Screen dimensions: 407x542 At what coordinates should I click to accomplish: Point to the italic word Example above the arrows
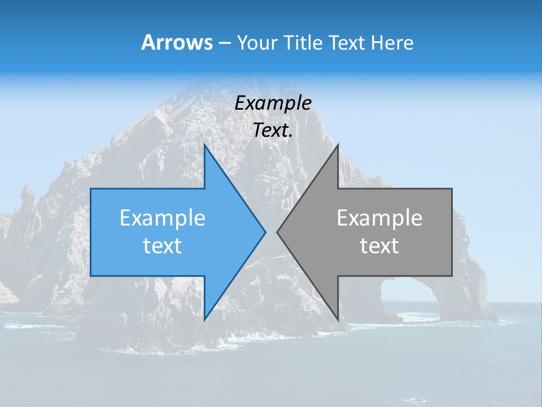click(273, 103)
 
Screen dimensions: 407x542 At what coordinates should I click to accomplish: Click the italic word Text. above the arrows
click(273, 131)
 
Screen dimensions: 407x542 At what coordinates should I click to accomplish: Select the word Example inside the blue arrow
click(163, 218)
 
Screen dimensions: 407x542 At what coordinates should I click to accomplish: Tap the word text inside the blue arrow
click(163, 246)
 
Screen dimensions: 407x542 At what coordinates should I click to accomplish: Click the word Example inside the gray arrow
click(379, 218)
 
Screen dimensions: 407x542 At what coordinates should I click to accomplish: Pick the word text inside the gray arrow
click(379, 246)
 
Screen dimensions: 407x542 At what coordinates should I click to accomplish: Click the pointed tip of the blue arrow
click(265, 232)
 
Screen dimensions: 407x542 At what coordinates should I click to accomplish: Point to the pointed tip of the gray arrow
click(278, 232)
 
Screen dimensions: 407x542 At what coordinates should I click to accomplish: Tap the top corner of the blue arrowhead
click(204, 145)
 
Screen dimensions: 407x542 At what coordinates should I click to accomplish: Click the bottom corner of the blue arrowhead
click(204, 320)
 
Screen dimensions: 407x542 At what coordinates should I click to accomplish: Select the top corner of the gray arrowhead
click(338, 145)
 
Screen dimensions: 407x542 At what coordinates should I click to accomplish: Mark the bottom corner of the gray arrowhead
click(338, 320)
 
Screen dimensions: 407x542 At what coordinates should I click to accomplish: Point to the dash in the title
click(224, 43)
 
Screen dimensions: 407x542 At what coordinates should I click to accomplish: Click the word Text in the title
click(347, 42)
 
